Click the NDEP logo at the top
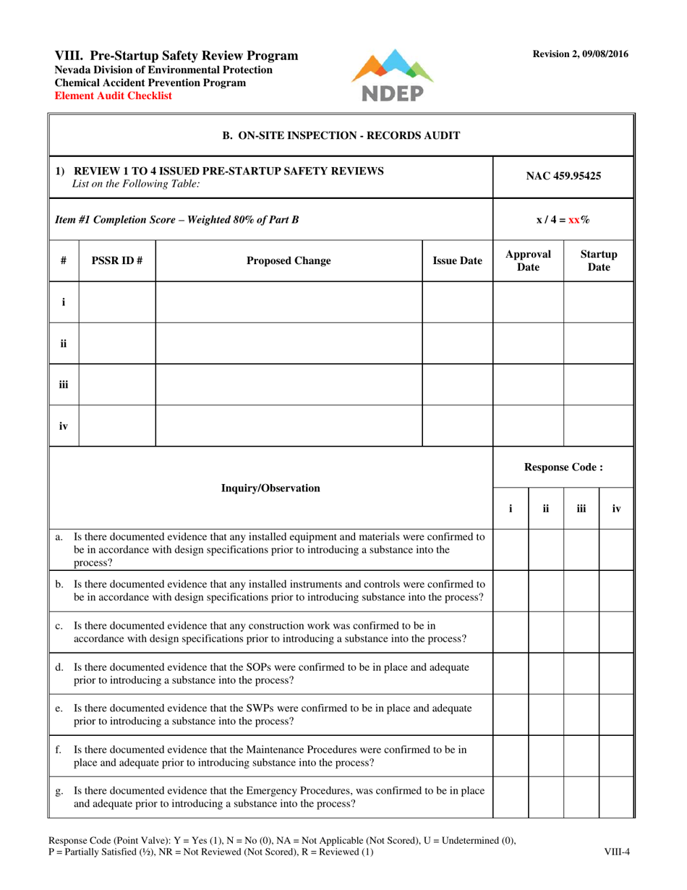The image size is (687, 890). [x=392, y=76]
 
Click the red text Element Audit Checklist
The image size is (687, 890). [x=114, y=95]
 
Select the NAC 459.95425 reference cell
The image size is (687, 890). [x=563, y=176]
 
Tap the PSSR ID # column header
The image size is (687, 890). [x=116, y=260]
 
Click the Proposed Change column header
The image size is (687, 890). [x=289, y=260]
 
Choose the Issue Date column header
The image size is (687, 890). [x=457, y=260]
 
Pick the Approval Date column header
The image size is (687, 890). [x=528, y=260]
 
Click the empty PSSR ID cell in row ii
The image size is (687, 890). [x=116, y=343]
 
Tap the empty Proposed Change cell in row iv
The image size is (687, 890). [x=289, y=425]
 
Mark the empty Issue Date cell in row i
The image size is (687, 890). [x=457, y=302]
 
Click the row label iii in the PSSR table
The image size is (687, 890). [x=64, y=384]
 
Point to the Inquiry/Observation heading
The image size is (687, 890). [x=271, y=488]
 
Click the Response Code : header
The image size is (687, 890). [x=563, y=467]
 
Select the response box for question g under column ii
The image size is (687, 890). [x=546, y=796]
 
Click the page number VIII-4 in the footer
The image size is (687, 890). [x=617, y=852]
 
